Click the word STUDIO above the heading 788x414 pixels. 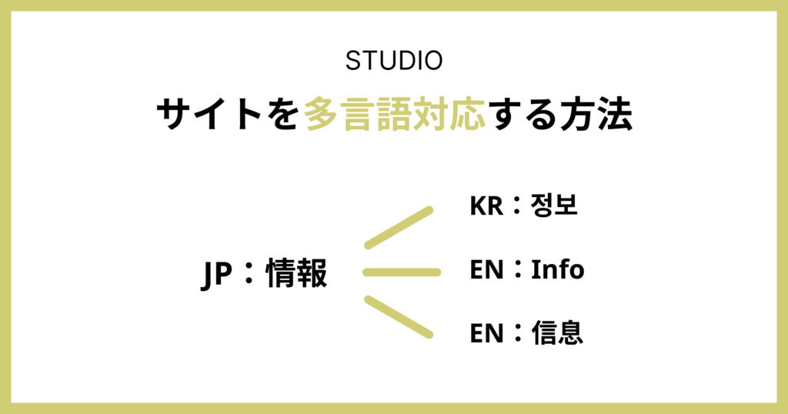(394, 62)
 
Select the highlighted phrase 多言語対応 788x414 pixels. (396, 116)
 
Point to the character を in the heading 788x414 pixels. (284, 116)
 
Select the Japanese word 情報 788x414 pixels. (296, 274)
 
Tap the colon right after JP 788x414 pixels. (248, 275)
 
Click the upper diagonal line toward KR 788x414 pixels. (399, 228)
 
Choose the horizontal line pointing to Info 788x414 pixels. (402, 272)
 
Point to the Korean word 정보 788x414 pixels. (554, 205)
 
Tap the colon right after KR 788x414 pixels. (515, 206)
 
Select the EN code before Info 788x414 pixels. (485, 270)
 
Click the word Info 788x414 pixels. (558, 270)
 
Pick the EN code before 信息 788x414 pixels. (485, 333)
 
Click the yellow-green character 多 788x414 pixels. (322, 116)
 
